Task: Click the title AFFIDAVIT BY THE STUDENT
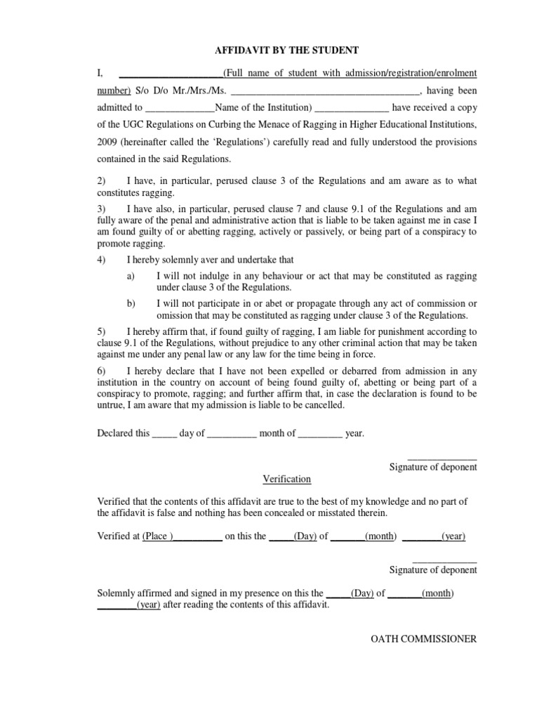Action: tap(286, 51)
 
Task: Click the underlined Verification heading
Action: tap(286, 479)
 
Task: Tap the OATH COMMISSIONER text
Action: tap(424, 639)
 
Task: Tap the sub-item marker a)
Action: tap(131, 277)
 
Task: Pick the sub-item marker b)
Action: tap(131, 304)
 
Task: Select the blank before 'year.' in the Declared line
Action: tap(321, 434)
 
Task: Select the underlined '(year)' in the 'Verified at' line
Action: tap(453, 536)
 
